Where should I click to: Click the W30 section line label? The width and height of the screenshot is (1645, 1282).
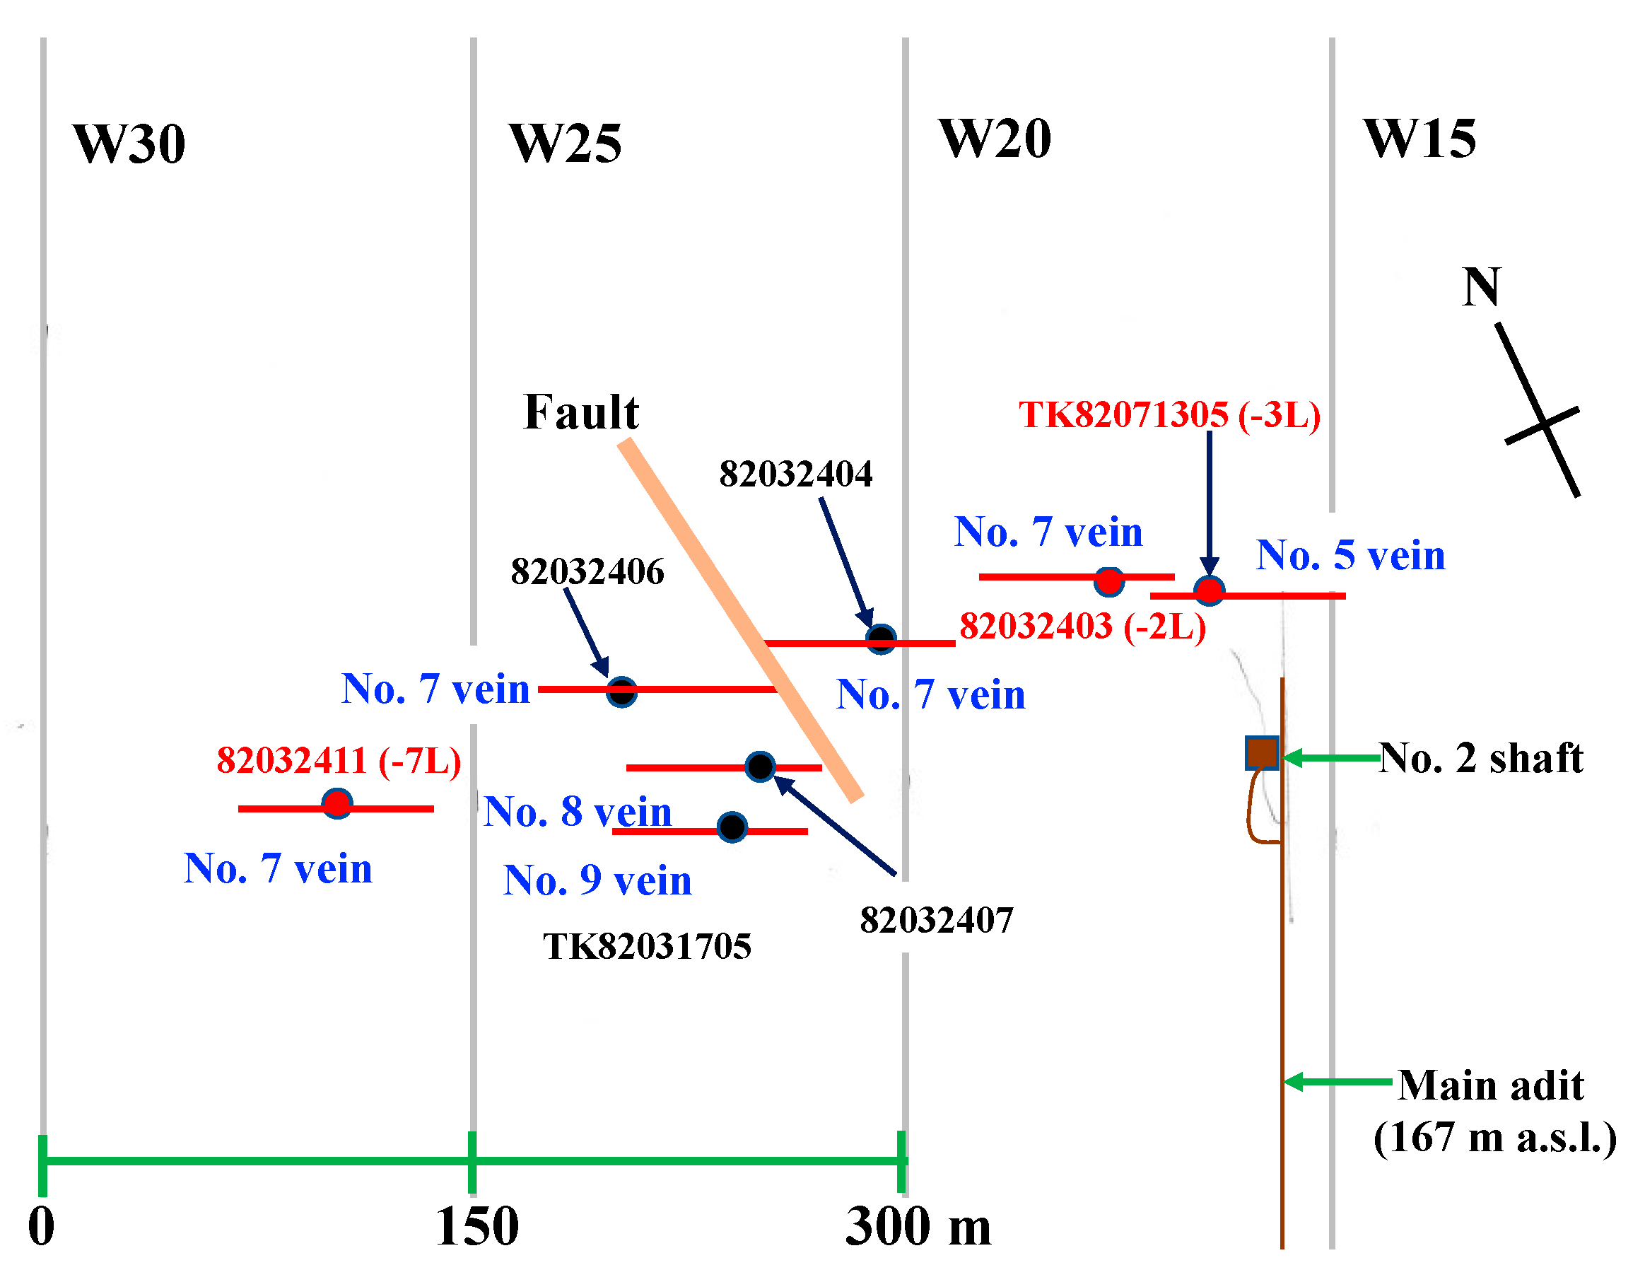coord(129,143)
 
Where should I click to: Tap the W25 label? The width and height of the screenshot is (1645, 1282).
coord(565,143)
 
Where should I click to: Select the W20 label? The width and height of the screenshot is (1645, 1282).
coord(994,139)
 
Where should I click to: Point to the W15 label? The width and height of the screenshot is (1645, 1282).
coord(1419,139)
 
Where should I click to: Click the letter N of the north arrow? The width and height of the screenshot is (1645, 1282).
coord(1481,287)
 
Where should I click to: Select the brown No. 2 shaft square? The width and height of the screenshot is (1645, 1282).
coord(1262,752)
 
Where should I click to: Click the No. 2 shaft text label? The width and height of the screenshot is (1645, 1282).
coord(1481,757)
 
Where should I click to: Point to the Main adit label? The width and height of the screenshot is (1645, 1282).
coord(1491,1085)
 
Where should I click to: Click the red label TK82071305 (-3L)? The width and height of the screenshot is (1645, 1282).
coord(1169,414)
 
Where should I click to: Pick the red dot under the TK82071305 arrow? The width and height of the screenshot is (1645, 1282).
coord(1209,590)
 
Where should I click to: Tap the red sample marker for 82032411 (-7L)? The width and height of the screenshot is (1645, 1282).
coord(336,804)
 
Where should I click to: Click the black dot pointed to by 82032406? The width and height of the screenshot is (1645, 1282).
coord(621,692)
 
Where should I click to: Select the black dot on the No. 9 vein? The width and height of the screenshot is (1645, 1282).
coord(732,827)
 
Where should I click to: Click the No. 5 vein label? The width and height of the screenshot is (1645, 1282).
coord(1350,555)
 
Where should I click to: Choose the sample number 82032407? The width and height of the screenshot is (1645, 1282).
coord(936,920)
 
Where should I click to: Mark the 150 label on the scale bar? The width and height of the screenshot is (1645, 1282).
coord(476,1227)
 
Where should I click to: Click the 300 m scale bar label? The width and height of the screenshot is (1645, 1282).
coord(918,1227)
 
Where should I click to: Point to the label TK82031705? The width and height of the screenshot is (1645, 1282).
coord(647,946)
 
